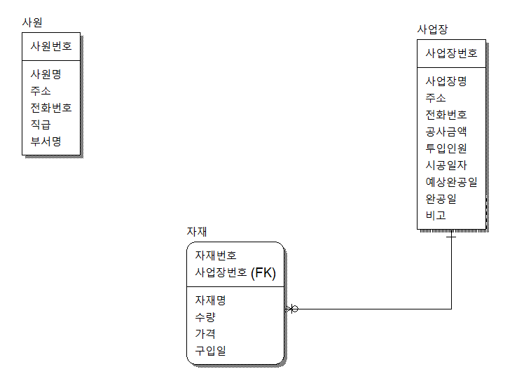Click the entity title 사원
(x=32, y=22)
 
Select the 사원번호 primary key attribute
(x=50, y=47)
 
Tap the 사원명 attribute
(x=46, y=74)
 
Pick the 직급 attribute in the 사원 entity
(x=41, y=125)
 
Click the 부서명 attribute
(x=46, y=141)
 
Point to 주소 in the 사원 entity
(x=41, y=91)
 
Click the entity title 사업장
(x=432, y=29)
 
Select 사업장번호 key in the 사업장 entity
(x=451, y=53)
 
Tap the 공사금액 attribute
(x=446, y=132)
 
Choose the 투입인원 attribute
(x=446, y=148)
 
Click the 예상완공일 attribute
(x=451, y=182)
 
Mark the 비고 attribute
(x=436, y=216)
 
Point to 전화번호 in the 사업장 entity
(x=446, y=115)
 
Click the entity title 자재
(x=196, y=232)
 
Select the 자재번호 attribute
(x=216, y=256)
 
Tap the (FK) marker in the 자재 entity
(x=263, y=273)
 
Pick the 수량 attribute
(x=205, y=317)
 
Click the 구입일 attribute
(x=210, y=351)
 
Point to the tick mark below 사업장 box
(x=451, y=237)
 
